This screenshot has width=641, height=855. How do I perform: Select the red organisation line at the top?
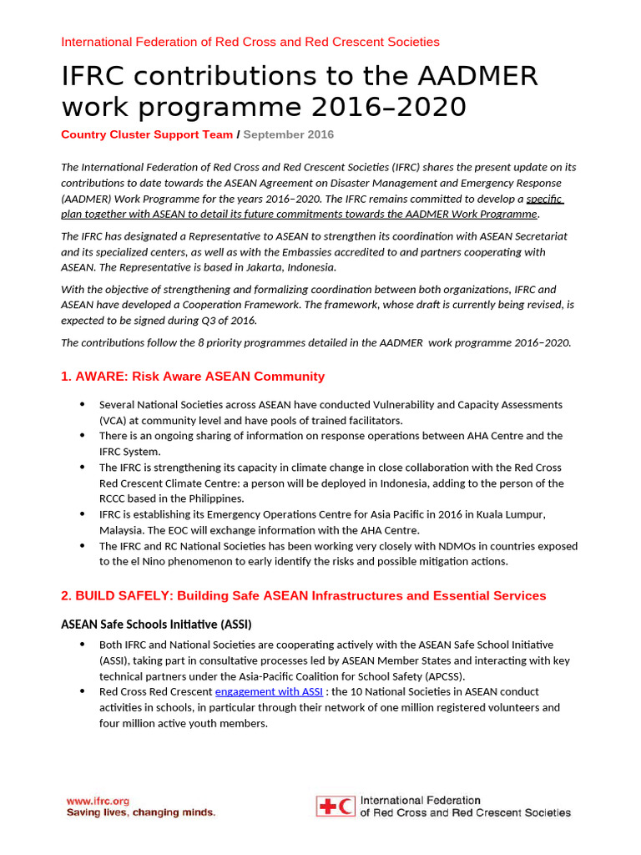[x=250, y=42]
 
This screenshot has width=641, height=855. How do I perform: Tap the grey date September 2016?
[x=289, y=134]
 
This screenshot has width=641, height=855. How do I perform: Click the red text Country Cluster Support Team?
[x=147, y=134]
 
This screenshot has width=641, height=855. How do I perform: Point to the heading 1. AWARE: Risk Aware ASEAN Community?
[x=193, y=377]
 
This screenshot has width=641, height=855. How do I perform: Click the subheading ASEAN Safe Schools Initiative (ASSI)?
[x=156, y=625]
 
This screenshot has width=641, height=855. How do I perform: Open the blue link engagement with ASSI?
[x=269, y=691]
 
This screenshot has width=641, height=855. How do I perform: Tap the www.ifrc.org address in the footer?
[x=98, y=800]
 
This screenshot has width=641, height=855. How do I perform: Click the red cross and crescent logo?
[x=336, y=806]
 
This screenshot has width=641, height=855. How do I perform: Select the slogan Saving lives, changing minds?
[x=141, y=812]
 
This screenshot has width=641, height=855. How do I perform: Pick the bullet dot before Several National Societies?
[x=82, y=404]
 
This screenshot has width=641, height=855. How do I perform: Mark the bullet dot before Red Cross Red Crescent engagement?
[x=82, y=691]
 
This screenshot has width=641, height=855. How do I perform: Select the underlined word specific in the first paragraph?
[x=544, y=199]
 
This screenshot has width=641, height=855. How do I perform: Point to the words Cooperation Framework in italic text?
[x=251, y=305]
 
